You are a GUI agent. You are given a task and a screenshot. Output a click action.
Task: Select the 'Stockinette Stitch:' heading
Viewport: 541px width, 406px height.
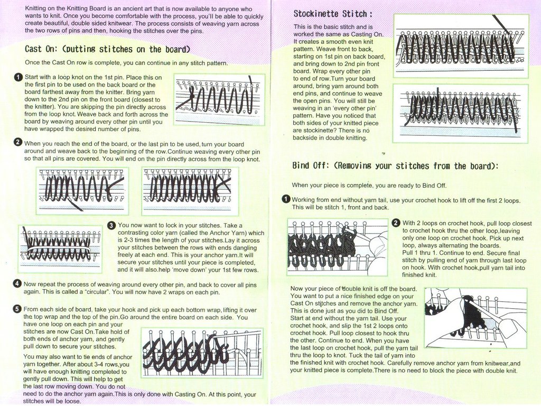coord(333,13)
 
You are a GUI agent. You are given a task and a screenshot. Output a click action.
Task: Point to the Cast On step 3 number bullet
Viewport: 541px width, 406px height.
coord(111,226)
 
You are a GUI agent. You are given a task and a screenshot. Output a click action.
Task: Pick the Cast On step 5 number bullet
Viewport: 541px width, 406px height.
coord(17,309)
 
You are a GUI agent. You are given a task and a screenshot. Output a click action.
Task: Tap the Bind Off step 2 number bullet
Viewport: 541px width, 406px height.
coord(396,223)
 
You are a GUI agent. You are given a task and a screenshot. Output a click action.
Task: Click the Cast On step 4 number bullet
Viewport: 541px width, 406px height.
coord(17,284)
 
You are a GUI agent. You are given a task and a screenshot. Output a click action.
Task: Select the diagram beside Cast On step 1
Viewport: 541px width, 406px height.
coord(219,99)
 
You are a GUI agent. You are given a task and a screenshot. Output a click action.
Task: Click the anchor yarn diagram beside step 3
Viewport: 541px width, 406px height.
coord(60,248)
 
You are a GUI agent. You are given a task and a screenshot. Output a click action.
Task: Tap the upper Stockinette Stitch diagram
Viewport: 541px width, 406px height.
coord(461,46)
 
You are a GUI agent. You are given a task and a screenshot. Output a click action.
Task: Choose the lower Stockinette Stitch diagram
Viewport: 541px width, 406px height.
coord(460,113)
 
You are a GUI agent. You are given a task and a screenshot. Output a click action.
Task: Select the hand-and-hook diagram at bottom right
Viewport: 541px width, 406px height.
coord(475,318)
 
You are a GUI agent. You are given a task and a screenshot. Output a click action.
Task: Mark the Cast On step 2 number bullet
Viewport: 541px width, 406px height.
coord(18,143)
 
